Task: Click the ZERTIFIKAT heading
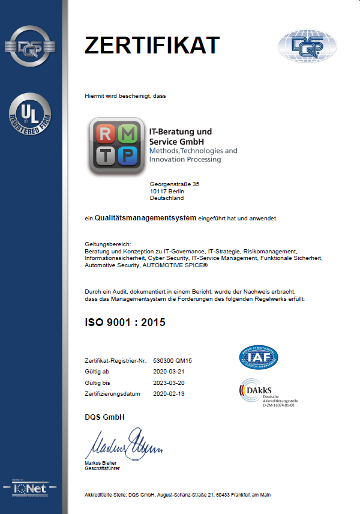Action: [152, 45]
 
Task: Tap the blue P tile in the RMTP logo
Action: [127, 156]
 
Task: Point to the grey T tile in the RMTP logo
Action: [106, 156]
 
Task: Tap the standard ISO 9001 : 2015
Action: [125, 322]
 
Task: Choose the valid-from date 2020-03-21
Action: [169, 372]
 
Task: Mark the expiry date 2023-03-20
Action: [169, 382]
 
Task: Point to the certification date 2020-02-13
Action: [169, 393]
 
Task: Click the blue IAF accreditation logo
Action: [259, 358]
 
